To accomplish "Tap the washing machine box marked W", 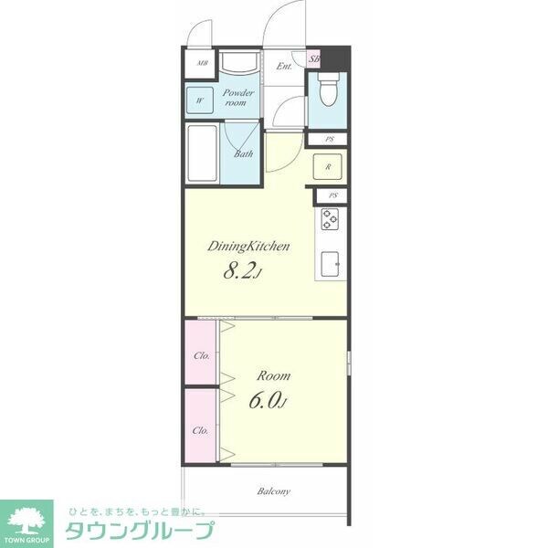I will coord(199,99).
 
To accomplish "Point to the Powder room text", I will coord(240,98).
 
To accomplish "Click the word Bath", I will coord(243,154).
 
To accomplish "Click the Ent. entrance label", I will coord(284,66).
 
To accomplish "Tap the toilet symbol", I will coord(328,91).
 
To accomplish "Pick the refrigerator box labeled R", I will coord(327,167).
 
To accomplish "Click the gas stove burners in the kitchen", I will coord(329,219).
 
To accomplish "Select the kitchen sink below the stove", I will coord(329,263).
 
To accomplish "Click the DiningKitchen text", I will coord(248,246).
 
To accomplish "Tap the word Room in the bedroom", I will coord(274,375).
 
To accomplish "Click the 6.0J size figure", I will coord(267,400).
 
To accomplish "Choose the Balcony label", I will coord(273,491).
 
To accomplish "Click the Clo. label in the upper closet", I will coord(200,355).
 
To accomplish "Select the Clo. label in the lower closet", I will coord(200,429).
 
